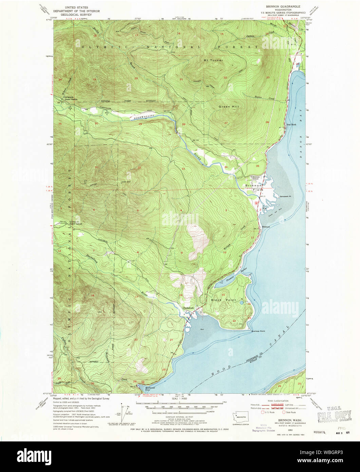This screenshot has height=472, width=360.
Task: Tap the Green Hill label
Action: pyautogui.click(x=231, y=107)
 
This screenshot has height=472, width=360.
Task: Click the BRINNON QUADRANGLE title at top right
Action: pyautogui.click(x=281, y=7)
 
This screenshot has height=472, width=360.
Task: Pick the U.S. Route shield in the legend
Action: pyautogui.click(x=263, y=412)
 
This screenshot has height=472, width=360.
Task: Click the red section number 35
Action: pyautogui.click(x=258, y=166)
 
